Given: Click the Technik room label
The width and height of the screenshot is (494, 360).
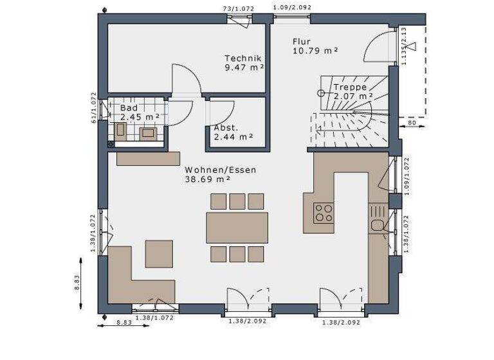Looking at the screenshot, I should [242, 57].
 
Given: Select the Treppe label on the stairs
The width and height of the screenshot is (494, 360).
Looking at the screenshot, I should [350, 87].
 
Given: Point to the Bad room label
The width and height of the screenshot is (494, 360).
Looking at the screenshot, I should [129, 108].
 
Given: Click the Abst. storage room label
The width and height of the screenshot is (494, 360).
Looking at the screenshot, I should [226, 127].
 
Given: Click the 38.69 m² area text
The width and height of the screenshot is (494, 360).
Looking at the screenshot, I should [208, 180].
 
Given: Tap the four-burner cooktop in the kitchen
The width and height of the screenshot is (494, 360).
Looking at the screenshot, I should [324, 212].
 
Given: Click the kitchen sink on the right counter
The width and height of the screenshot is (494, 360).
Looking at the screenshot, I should [378, 225].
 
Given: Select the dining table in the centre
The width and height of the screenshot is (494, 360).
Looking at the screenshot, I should [237, 228].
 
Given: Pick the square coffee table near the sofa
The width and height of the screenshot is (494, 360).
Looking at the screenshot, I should [159, 253].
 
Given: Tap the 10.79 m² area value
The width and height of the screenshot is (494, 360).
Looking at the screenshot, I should [315, 50].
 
